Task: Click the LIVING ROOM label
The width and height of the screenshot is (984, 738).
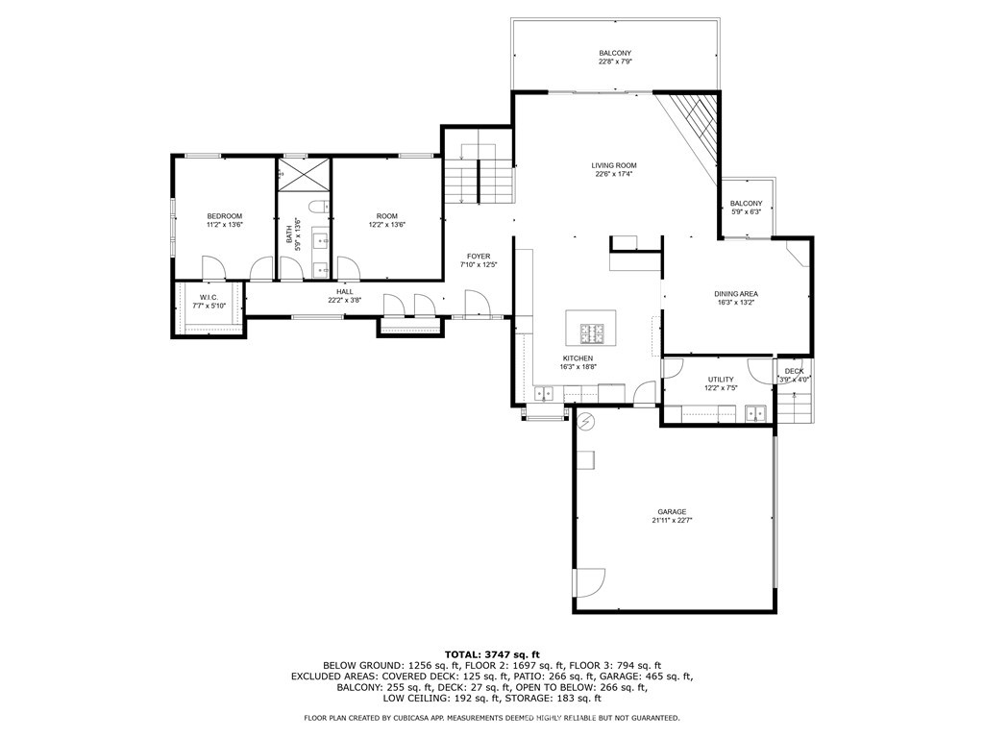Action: (614, 165)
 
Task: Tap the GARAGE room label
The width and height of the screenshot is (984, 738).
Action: (672, 512)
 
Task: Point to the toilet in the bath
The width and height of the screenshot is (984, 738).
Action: (319, 207)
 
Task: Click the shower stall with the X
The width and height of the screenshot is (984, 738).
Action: (304, 174)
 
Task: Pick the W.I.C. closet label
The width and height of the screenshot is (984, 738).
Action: (209, 298)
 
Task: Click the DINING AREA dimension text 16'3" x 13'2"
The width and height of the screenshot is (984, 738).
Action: (736, 302)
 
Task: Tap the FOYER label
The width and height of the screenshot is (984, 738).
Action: (479, 256)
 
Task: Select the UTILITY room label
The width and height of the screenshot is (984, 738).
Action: (721, 380)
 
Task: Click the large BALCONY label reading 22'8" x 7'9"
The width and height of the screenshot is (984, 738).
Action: (615, 54)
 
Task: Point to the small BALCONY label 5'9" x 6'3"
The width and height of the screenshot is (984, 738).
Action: (746, 204)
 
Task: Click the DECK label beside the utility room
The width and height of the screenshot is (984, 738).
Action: (794, 372)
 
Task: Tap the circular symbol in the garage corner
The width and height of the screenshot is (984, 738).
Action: (586, 421)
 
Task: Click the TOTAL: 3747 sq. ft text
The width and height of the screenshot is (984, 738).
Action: (492, 654)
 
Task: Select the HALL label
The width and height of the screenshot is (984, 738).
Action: (345, 292)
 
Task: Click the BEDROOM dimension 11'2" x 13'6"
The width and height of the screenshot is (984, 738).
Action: (225, 224)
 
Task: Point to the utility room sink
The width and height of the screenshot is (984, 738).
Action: (756, 413)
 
